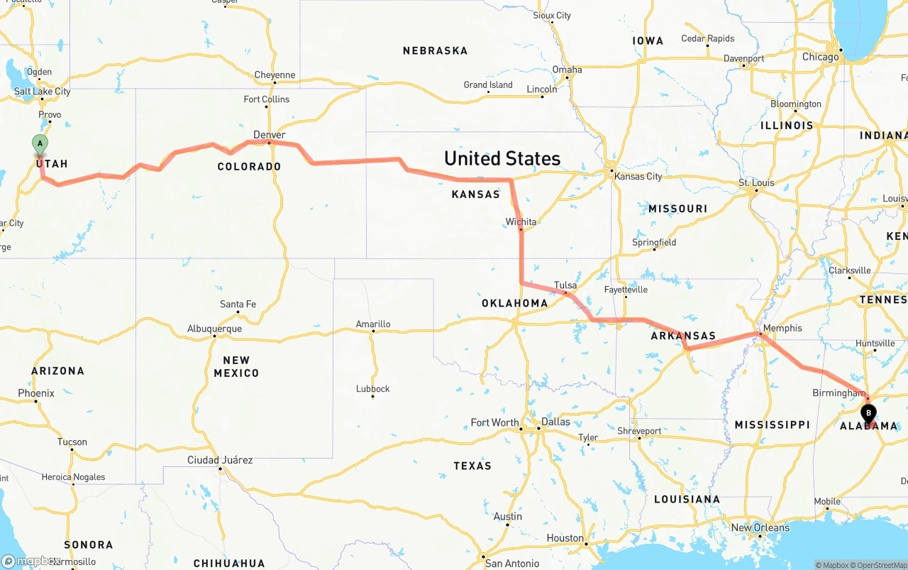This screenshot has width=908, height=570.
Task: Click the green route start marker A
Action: pos(40,144)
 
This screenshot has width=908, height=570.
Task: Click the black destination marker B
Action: pos(868,412)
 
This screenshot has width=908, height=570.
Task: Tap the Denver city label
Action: pos(270,135)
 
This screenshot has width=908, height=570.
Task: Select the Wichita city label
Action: pos(521,222)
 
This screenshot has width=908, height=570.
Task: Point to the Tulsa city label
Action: pos(565,285)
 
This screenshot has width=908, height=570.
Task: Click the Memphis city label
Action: pos(783,328)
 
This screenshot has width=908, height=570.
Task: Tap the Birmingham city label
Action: pos(838,393)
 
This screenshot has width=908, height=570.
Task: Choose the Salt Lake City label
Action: pos(43,91)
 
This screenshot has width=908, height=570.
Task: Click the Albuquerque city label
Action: pos(214,329)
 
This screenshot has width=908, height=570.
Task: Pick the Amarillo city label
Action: pos(373,324)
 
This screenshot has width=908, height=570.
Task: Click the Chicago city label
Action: pos(820,57)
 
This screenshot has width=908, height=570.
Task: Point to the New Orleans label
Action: pos(760,527)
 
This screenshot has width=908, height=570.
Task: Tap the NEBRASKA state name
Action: pos(435,50)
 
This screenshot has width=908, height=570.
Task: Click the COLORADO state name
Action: pos(249,166)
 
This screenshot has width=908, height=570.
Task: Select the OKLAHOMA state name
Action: pos(514,303)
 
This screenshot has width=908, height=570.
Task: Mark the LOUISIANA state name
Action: pos(687,499)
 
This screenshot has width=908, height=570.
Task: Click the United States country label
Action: pos(502,158)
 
